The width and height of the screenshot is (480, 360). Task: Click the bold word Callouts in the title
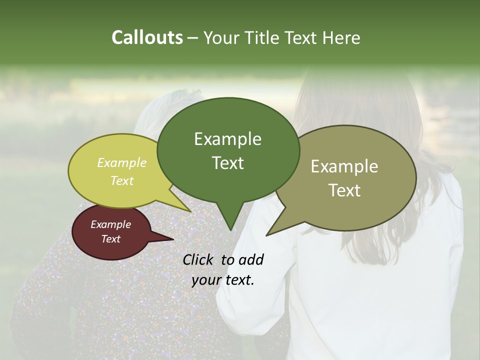147,37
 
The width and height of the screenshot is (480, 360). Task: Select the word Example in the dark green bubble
227,139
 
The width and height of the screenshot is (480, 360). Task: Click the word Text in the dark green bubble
227,162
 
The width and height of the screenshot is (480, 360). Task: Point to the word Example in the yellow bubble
122,162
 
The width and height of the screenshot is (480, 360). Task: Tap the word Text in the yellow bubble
122,180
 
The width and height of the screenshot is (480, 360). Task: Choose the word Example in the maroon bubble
111,224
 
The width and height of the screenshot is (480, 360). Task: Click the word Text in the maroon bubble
111,239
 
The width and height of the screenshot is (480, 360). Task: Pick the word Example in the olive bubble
344,166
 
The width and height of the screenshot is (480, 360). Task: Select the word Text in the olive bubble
344,190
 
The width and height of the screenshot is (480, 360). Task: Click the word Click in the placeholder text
199,259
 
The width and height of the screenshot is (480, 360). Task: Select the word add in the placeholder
251,259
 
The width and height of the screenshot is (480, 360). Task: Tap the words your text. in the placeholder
223,280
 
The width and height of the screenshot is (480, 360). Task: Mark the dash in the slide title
193,38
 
